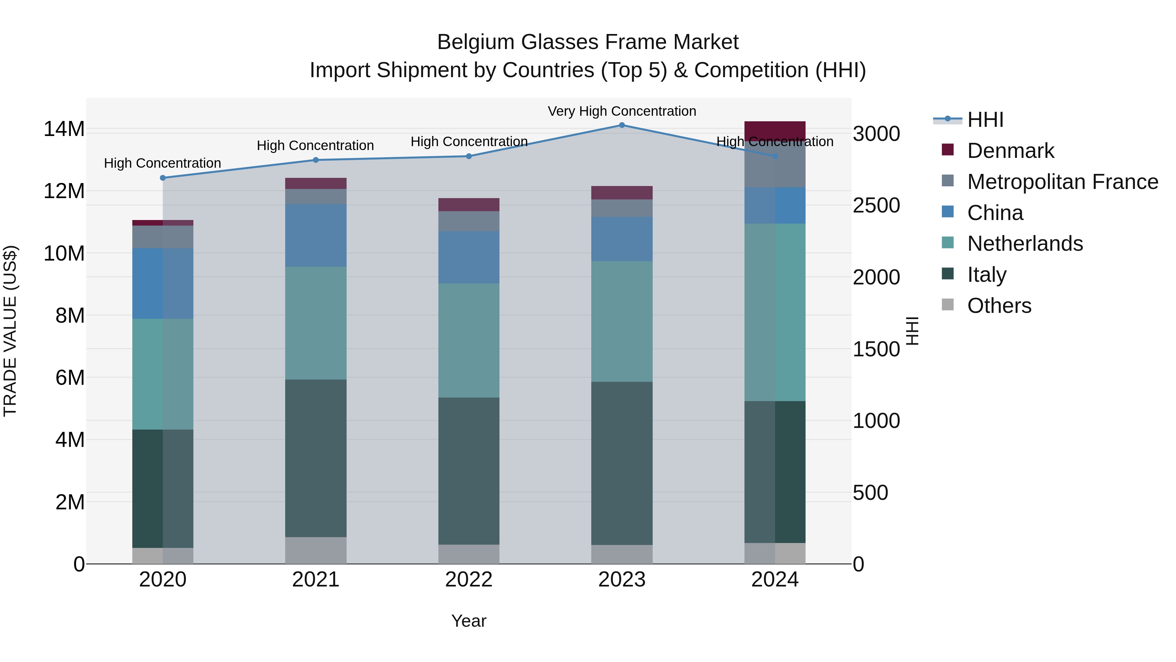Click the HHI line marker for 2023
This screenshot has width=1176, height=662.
[622, 125]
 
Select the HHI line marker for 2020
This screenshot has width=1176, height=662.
[163, 178]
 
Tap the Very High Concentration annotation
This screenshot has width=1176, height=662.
[622, 111]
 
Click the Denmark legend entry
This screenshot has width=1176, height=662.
[1010, 151]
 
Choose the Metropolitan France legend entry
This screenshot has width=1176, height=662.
[1062, 182]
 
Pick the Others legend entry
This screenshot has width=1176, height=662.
[999, 306]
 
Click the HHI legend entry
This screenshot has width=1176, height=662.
[985, 120]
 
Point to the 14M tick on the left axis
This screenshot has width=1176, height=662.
[64, 129]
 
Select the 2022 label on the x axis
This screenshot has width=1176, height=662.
[468, 580]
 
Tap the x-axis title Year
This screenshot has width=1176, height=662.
[468, 621]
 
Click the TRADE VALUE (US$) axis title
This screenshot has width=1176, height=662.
[10, 331]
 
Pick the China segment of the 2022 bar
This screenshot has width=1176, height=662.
[468, 257]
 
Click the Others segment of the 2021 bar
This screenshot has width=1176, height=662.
[316, 550]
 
